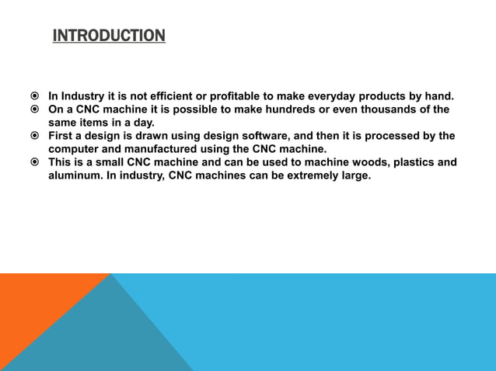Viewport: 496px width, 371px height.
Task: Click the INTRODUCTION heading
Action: point(109,36)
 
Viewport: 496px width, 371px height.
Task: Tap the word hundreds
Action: point(315,109)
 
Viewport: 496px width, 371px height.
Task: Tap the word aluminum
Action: point(75,175)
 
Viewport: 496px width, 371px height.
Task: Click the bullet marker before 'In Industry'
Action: point(35,97)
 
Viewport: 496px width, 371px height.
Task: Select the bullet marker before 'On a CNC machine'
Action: point(35,110)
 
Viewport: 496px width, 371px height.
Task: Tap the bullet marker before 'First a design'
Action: point(35,137)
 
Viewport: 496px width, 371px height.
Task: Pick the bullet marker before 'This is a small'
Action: point(35,163)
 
